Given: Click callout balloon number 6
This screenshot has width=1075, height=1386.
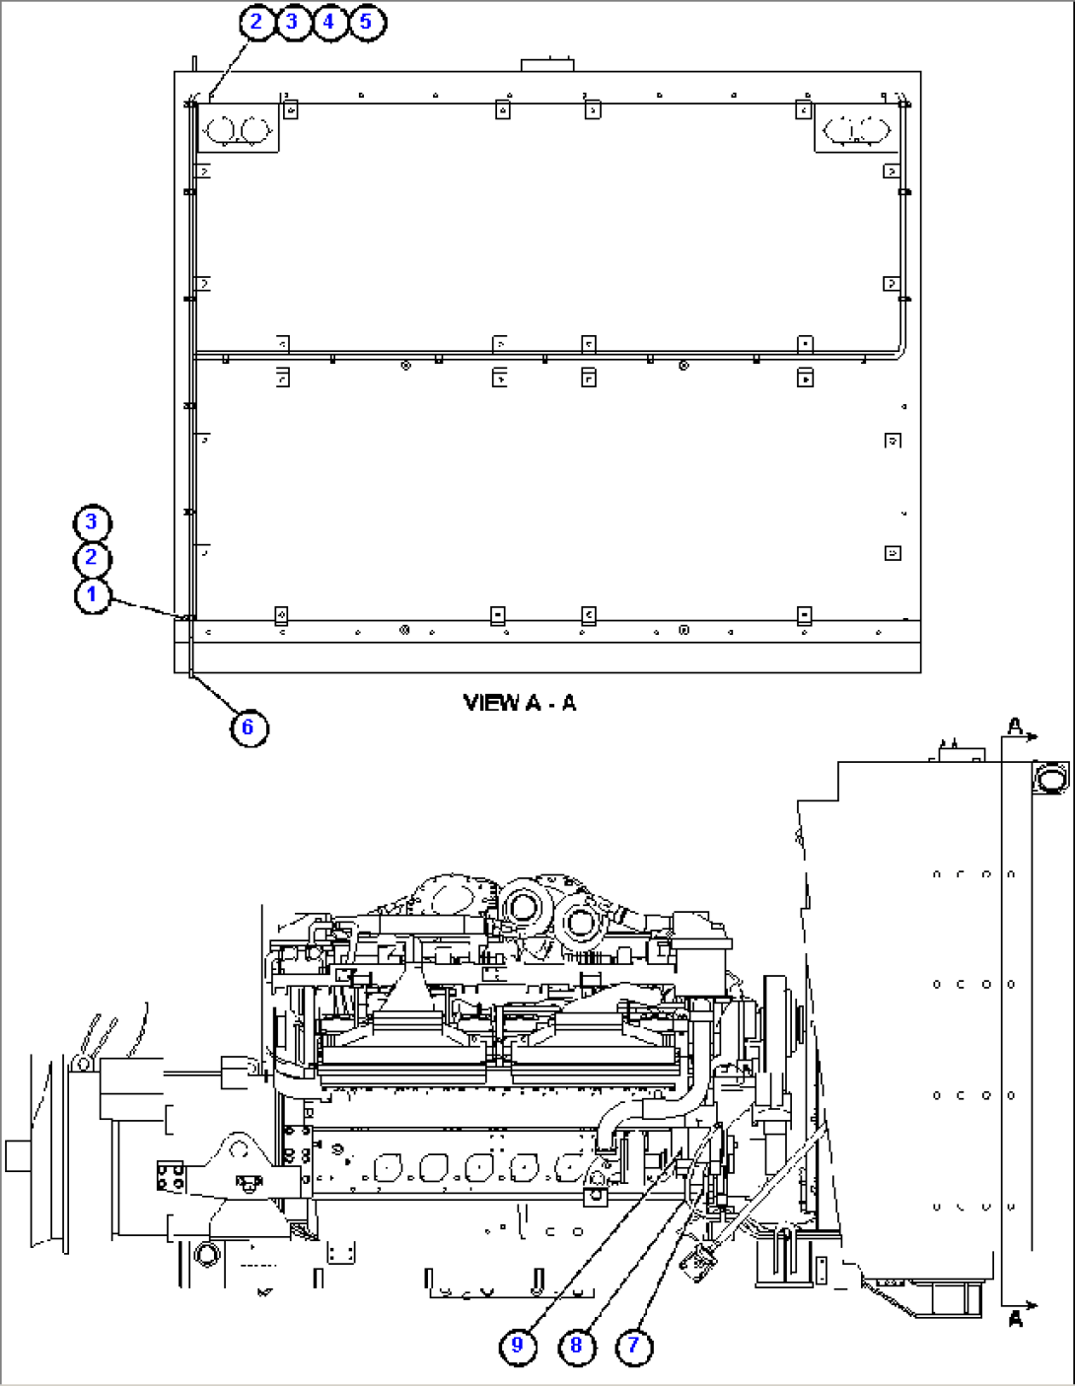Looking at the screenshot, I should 248,728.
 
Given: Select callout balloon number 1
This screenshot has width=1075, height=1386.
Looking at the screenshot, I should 92,594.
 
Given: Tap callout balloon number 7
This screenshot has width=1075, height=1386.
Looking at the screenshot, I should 634,1345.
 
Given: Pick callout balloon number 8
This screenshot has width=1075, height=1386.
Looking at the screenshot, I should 576,1345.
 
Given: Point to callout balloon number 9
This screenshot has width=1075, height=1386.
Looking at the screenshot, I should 518,1345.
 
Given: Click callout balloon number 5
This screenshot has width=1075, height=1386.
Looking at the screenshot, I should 366,21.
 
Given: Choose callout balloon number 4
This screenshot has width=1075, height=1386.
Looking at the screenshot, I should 329,21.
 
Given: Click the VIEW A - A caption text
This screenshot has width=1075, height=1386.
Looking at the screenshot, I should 520,703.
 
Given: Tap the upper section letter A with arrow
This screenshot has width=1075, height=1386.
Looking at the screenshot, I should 1016,728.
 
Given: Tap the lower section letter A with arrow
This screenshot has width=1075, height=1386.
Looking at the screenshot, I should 1016,1317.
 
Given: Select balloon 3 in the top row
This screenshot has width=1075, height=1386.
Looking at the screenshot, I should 293,21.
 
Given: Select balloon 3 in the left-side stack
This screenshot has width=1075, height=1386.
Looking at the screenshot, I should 92,521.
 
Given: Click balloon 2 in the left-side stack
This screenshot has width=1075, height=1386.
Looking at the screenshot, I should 92,558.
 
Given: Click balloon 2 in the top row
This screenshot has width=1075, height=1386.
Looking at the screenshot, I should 256,21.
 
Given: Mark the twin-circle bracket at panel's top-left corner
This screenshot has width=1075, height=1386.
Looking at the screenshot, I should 240,128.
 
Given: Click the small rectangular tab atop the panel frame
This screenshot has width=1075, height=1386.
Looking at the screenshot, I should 547,65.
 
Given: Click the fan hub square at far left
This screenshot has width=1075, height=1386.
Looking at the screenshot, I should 18,1155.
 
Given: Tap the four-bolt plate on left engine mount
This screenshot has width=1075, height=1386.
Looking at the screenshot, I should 170,1176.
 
